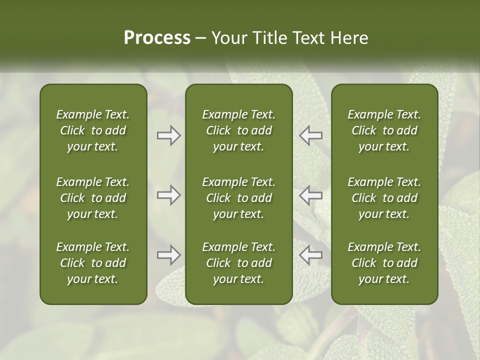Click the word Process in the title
[157, 38]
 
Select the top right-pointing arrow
[169, 135]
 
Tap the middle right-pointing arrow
[169, 195]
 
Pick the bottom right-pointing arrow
[169, 255]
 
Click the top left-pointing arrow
[310, 135]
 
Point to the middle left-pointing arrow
[310, 195]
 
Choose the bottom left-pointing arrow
[310, 255]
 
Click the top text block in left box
[93, 130]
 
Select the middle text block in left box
[93, 198]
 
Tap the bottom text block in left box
[93, 263]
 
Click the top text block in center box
[238, 130]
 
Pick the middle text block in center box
[238, 198]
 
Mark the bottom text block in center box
[238, 263]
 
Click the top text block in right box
[384, 130]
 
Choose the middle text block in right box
[384, 198]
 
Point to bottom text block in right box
[384, 263]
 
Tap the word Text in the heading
[306, 38]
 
